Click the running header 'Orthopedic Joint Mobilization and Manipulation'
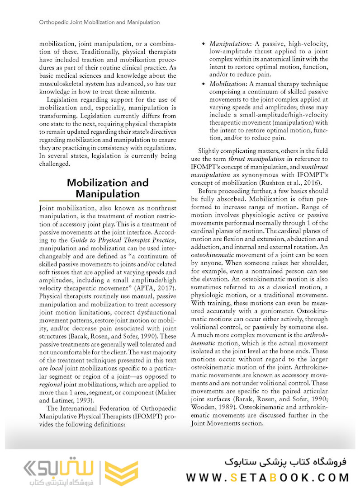pos(99,22)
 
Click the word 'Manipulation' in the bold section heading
pos(107,194)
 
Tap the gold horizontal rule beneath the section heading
pos(108,201)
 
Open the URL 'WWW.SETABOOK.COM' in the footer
pos(267,477)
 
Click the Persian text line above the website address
pos(285,462)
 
